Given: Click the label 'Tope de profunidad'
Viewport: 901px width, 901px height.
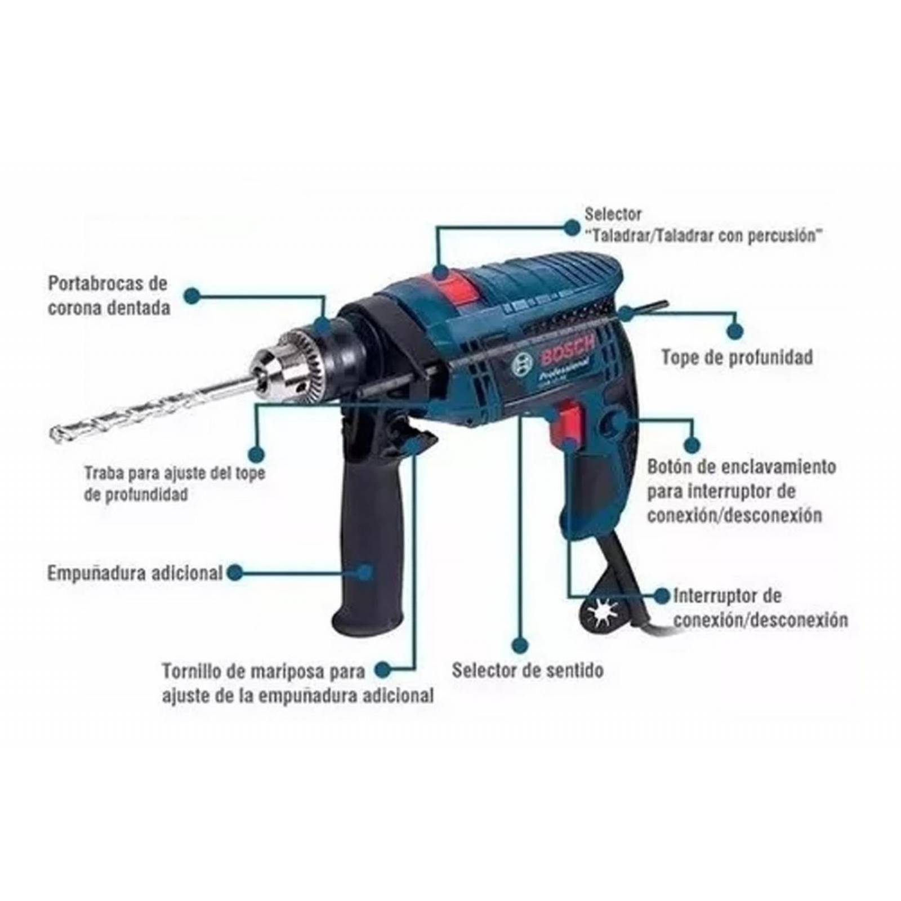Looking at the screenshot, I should click(737, 357).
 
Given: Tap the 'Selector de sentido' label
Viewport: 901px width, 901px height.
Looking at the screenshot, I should click(528, 670).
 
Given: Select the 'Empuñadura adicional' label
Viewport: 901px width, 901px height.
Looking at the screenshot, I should click(135, 573).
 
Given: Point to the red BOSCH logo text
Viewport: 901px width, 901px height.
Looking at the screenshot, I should click(567, 354).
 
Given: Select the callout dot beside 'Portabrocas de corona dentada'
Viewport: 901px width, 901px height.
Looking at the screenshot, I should click(193, 295).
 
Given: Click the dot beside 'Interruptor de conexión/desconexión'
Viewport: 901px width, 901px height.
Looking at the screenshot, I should click(662, 595).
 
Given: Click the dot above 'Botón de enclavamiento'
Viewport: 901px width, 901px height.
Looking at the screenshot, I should click(692, 445).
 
